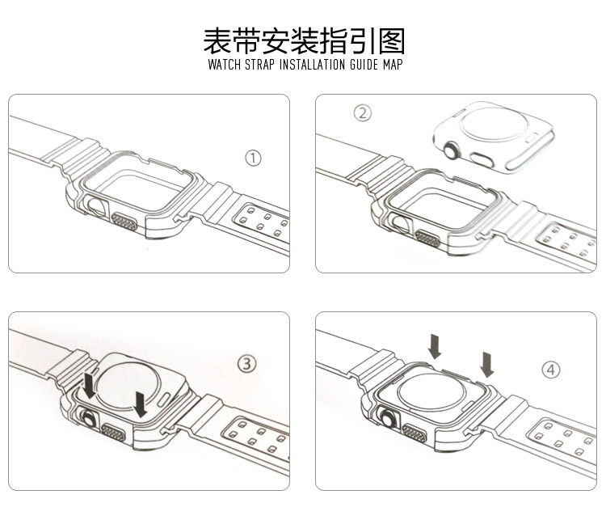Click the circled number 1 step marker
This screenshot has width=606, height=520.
[253, 158]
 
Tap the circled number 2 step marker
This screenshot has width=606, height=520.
[363, 113]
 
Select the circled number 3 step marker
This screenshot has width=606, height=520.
[246, 364]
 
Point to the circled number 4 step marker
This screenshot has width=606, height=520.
[551, 370]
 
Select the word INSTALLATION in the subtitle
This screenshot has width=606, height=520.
[312, 64]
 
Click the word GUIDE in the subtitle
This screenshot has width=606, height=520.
[364, 64]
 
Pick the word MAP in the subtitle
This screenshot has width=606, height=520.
[393, 64]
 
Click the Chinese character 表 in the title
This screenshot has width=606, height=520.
[217, 40]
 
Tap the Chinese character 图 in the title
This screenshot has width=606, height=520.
[392, 40]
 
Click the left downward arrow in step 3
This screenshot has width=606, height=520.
[90, 385]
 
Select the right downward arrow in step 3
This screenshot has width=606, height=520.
[140, 404]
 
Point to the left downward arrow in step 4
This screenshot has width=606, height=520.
[435, 346]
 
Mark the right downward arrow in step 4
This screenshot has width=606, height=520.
[486, 365]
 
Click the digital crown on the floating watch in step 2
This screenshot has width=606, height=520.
[451, 150]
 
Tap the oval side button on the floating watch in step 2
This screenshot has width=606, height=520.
[482, 160]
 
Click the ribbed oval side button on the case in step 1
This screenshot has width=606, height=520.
[124, 222]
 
